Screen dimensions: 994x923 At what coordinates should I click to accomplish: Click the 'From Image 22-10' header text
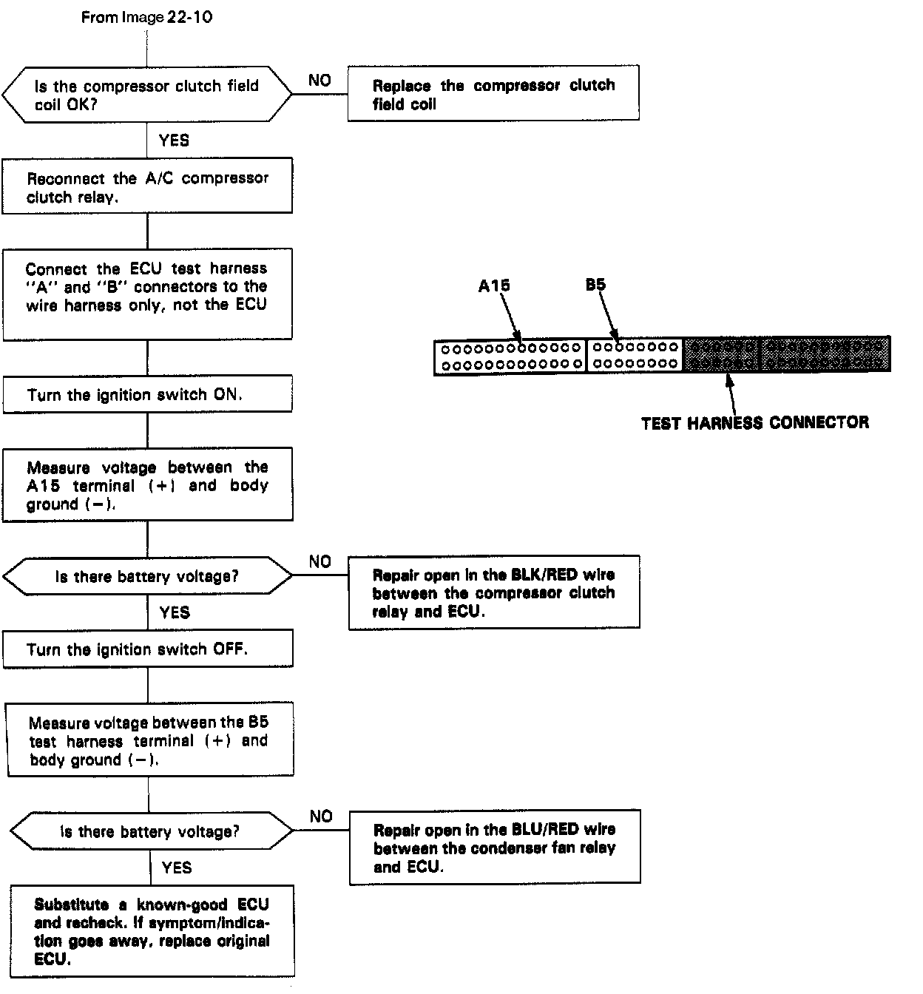click(146, 17)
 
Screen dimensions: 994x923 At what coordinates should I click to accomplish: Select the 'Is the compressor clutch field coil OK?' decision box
click(146, 95)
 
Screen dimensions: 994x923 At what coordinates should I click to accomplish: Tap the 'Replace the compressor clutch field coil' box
click(493, 94)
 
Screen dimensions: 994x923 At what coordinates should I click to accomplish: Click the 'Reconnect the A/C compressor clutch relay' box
click(147, 186)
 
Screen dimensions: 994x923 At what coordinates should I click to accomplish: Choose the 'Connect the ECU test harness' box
click(147, 294)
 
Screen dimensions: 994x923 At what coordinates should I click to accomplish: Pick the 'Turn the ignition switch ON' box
click(147, 394)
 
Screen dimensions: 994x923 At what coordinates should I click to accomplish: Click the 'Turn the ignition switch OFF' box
click(148, 649)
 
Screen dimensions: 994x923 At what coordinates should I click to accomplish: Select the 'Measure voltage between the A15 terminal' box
click(147, 485)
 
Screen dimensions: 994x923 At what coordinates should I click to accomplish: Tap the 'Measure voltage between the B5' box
click(149, 740)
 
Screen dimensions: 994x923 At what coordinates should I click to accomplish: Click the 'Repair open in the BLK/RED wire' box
click(494, 592)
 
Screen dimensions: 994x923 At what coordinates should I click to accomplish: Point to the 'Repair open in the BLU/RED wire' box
click(495, 848)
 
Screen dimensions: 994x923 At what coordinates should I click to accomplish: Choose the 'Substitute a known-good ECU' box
click(152, 932)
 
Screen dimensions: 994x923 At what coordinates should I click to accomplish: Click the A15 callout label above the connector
click(493, 285)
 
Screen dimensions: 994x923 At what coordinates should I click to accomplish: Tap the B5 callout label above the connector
click(595, 285)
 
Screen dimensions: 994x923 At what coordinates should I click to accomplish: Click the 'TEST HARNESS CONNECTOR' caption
click(754, 423)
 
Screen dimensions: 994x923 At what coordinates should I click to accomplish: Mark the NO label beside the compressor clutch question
click(319, 81)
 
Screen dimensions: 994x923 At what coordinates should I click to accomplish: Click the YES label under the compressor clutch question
click(174, 141)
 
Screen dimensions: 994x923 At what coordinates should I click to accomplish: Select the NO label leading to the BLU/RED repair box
click(321, 816)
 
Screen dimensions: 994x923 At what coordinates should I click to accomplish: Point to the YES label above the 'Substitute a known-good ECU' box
click(177, 868)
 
